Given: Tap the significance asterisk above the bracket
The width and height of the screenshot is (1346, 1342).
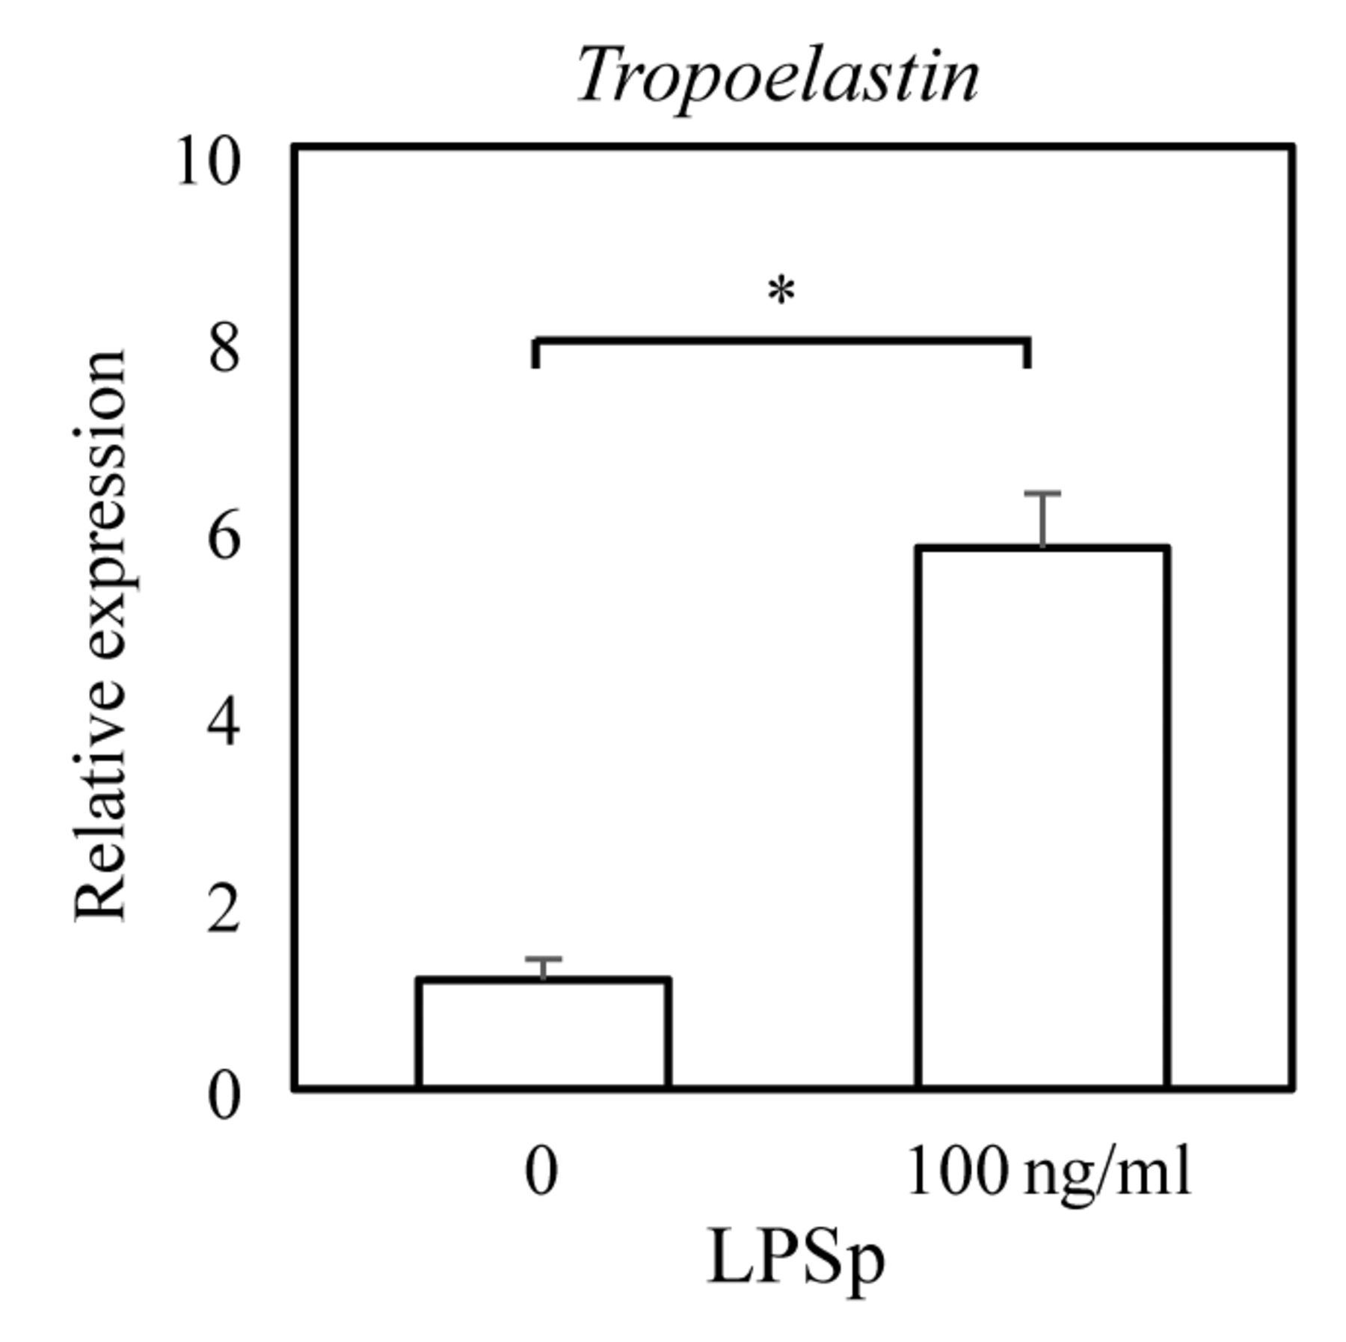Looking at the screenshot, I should pos(781,291).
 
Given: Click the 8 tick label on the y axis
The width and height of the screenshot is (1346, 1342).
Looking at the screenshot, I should pos(224,349).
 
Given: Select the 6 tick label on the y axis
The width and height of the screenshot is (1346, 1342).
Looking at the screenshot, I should pos(224,537).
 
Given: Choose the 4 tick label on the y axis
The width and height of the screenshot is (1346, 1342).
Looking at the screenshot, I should pos(224,723).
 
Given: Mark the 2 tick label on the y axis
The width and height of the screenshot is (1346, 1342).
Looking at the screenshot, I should pos(224,911).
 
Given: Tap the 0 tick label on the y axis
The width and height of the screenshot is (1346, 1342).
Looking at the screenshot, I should pos(224,1097).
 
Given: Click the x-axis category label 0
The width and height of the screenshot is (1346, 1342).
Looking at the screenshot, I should pos(541,1173).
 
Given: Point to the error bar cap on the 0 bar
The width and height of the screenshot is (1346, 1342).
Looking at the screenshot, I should pos(543,958).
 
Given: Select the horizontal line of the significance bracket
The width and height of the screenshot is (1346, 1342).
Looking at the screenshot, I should pos(781,341).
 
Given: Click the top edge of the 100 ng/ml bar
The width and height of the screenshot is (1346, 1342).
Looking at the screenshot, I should pos(1042,548).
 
